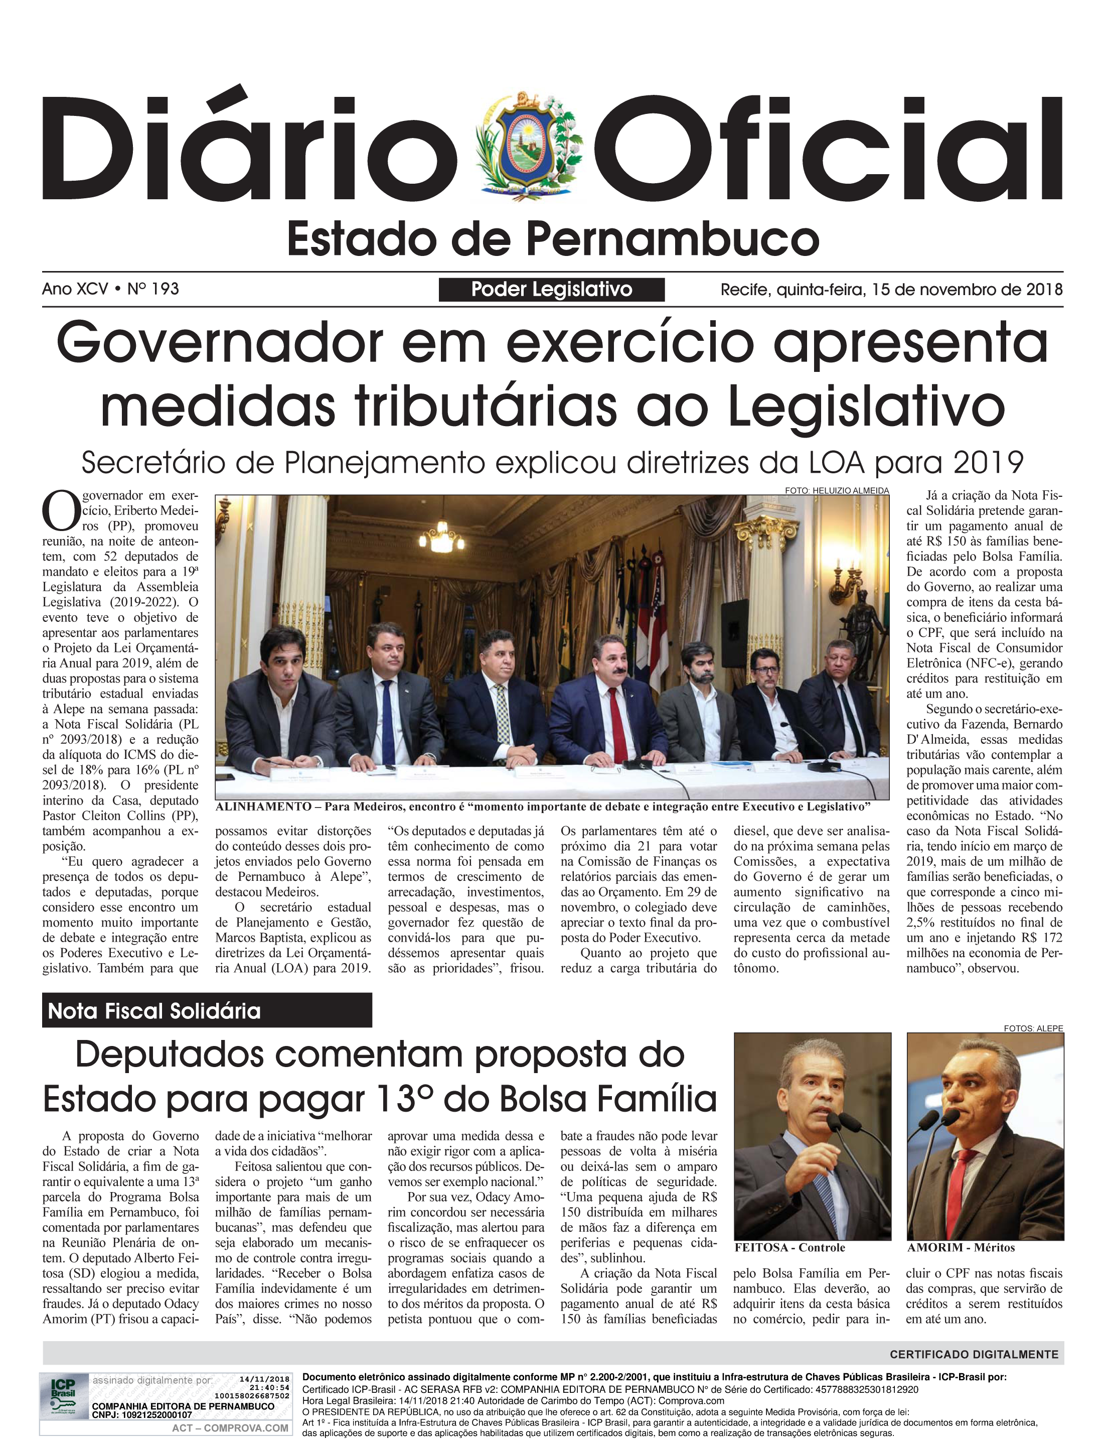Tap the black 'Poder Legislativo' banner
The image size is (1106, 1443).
pyautogui.click(x=552, y=289)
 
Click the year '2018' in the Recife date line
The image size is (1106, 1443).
pyautogui.click(x=1043, y=290)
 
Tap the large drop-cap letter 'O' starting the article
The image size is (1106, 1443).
pyautogui.click(x=61, y=511)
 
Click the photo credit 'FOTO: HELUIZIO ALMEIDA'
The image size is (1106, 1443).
pyautogui.click(x=836, y=491)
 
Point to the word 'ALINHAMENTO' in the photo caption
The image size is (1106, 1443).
pyautogui.click(x=263, y=807)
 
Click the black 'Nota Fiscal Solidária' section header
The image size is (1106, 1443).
pyautogui.click(x=207, y=1011)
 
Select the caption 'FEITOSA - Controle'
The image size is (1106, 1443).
pyautogui.click(x=789, y=1248)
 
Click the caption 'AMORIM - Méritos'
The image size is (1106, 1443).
pyautogui.click(x=961, y=1248)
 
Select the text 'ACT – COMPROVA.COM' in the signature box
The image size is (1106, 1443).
pyautogui.click(x=230, y=1428)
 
